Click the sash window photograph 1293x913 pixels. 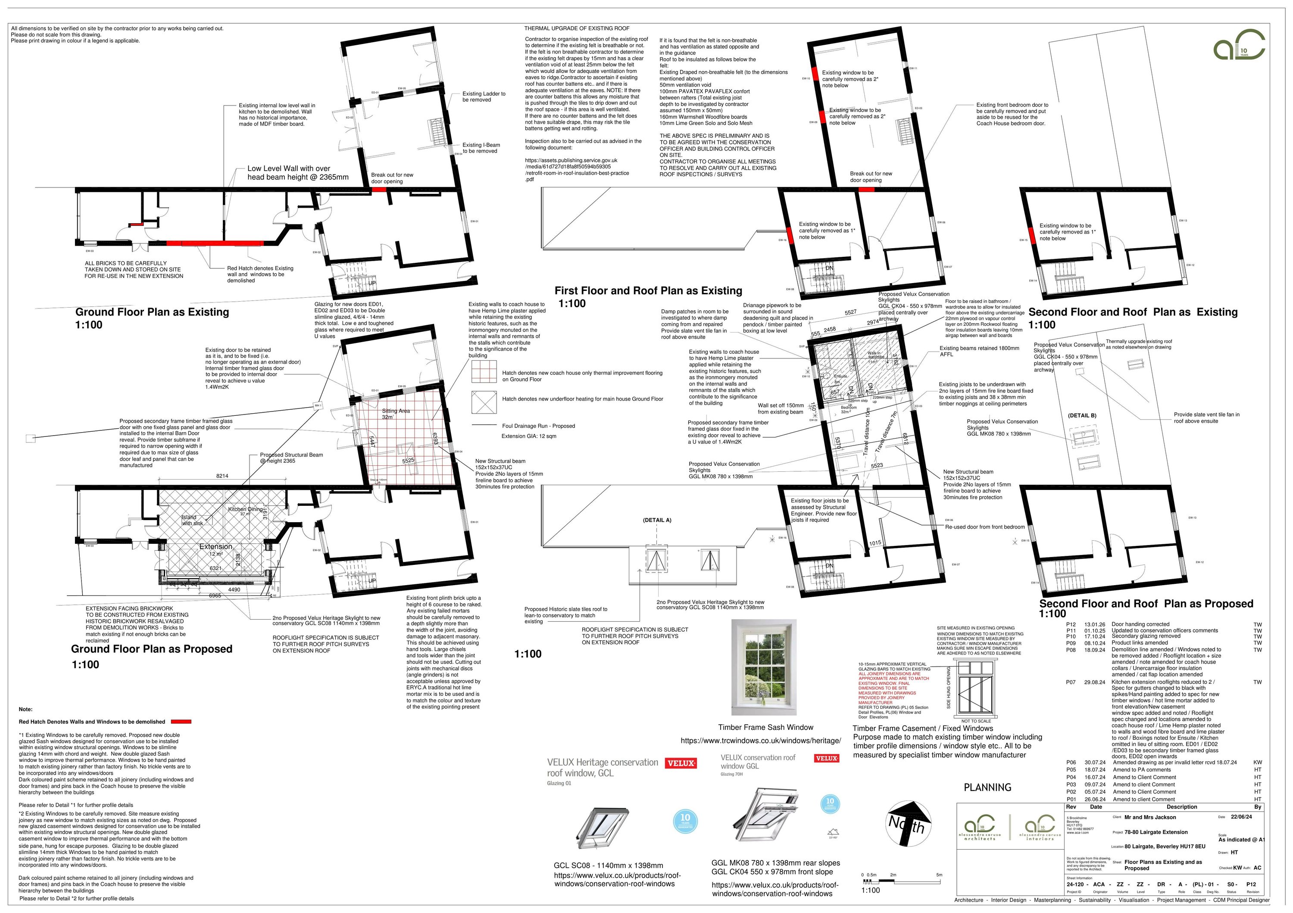pyautogui.click(x=764, y=667)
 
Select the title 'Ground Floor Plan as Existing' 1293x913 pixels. pyautogui.click(x=152, y=312)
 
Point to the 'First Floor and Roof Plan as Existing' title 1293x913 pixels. pyautogui.click(x=648, y=290)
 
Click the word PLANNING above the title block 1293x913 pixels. pyautogui.click(x=987, y=788)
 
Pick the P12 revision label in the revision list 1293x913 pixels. pyautogui.click(x=1071, y=624)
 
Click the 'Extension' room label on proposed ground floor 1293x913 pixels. pyautogui.click(x=215, y=547)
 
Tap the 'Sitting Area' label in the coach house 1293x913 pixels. pyautogui.click(x=396, y=411)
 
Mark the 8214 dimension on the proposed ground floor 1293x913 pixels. pyautogui.click(x=222, y=476)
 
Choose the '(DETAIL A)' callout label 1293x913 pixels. pyautogui.click(x=657, y=520)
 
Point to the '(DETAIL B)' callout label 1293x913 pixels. pyautogui.click(x=1082, y=415)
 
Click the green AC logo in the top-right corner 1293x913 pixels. pyautogui.click(x=1239, y=45)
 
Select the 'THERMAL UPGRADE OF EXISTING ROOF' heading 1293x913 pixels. pyautogui.click(x=577, y=28)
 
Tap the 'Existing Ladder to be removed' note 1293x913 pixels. pyautogui.click(x=484, y=97)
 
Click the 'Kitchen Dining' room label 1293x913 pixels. pyautogui.click(x=245, y=509)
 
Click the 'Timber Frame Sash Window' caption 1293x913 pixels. pyautogui.click(x=765, y=727)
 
